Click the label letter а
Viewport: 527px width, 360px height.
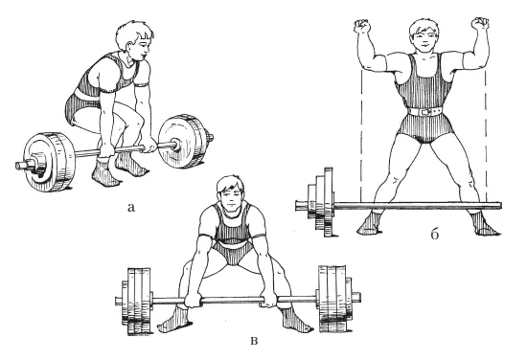tap(131, 208)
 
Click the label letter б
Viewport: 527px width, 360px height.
tap(435, 234)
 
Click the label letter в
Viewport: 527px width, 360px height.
tap(255, 341)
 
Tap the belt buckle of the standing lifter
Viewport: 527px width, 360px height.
tap(426, 111)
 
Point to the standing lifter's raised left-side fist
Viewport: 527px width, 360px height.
tap(361, 26)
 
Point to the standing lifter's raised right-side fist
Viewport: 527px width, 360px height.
tap(480, 24)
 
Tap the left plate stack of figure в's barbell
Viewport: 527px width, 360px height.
tap(137, 301)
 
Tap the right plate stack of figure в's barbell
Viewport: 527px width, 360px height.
tap(335, 299)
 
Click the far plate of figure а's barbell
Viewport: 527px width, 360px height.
tap(184, 141)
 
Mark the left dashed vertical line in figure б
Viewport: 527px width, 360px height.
tap(360, 134)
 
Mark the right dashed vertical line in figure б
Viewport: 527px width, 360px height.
tap(486, 134)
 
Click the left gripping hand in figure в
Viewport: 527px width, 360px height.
tap(194, 300)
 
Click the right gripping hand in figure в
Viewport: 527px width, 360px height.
tap(269, 300)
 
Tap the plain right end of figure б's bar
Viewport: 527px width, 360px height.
tap(500, 205)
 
